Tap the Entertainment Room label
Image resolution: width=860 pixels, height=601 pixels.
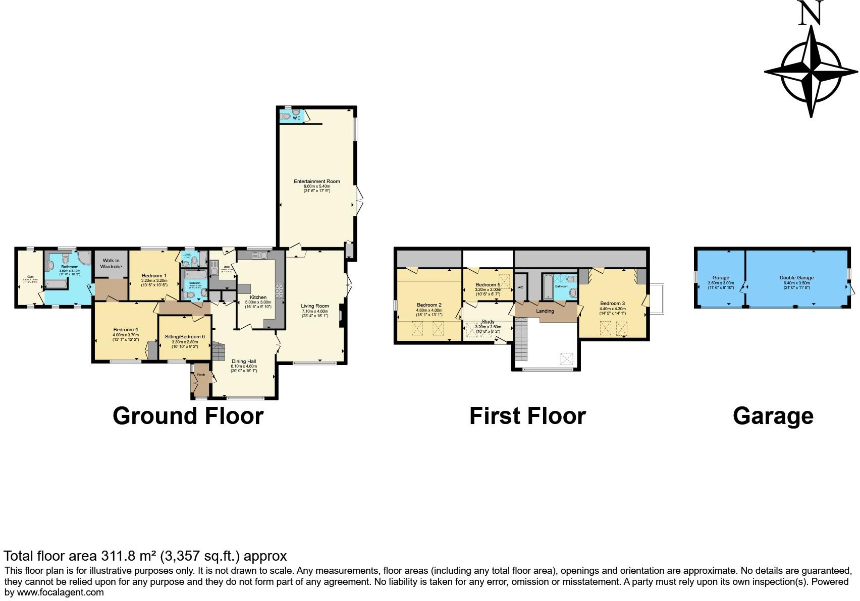[x=317, y=182]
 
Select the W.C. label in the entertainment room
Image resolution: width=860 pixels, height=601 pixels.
[x=297, y=118]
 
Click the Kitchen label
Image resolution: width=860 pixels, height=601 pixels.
[x=258, y=297]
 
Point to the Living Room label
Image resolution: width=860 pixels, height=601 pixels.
[x=315, y=306]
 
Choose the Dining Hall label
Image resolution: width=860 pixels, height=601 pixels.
[x=244, y=362]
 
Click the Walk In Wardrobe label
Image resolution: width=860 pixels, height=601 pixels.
[x=111, y=263]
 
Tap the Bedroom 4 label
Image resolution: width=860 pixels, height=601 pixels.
[x=126, y=330]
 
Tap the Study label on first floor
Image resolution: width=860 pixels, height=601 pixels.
[x=488, y=322]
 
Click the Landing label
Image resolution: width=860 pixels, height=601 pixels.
[x=545, y=311]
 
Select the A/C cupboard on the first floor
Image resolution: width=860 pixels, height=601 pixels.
[x=520, y=287]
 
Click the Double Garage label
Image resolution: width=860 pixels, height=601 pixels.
[x=796, y=278]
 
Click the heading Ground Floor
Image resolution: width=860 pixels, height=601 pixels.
[x=188, y=416]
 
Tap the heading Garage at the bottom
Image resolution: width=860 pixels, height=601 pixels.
[x=773, y=416]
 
